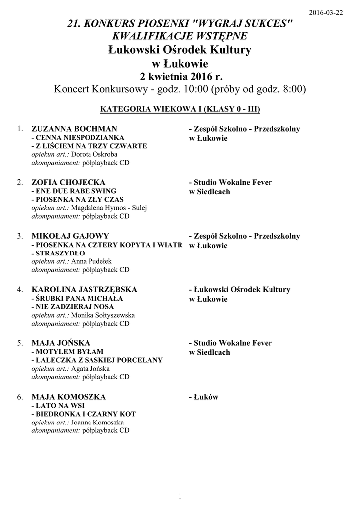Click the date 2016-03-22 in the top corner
pos(326,13)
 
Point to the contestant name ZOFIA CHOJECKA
pos(69,183)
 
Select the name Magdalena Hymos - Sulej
pos(109,208)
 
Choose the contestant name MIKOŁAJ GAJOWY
pos(70,236)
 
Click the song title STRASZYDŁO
pos(57,253)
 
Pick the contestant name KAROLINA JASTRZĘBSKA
pos(85,290)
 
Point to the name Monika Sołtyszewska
pos(103,315)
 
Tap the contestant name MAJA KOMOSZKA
pos(69,397)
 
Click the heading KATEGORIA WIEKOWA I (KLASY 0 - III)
pos(180,108)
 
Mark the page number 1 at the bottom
pos(180,496)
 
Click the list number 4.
pos(20,290)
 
